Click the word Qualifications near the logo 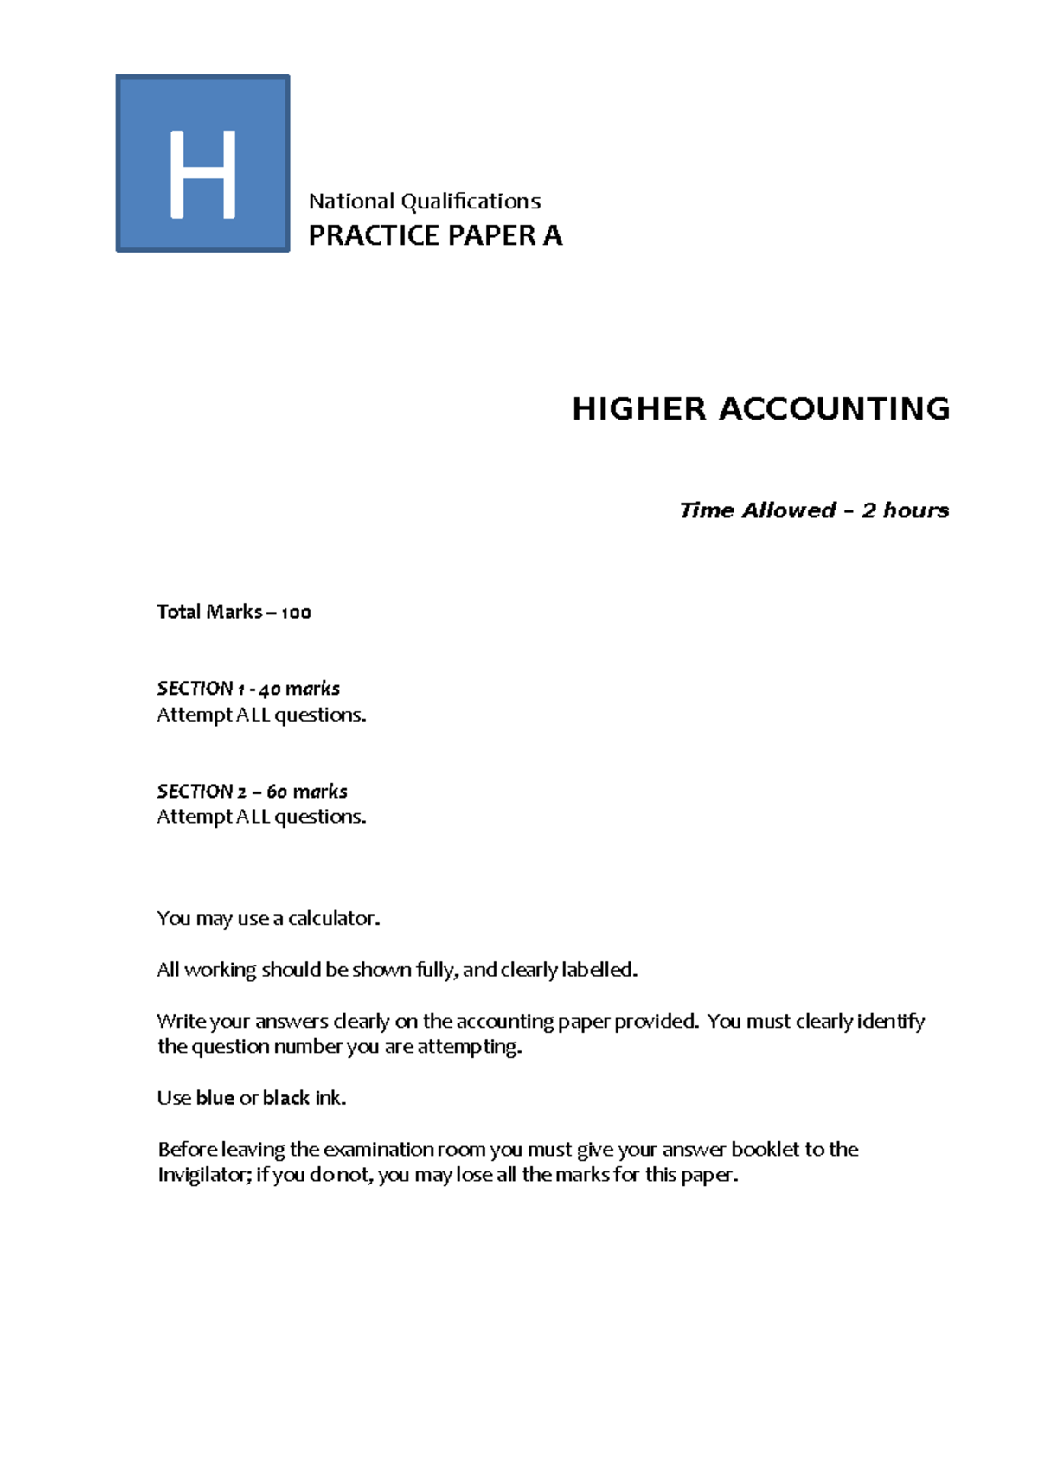(471, 202)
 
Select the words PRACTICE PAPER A (435, 235)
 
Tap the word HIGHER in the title (639, 408)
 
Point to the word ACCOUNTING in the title (835, 408)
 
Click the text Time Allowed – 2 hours (814, 510)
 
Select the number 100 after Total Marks (296, 613)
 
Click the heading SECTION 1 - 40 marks (248, 689)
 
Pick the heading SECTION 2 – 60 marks (252, 791)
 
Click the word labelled (599, 970)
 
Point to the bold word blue (215, 1098)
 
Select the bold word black (286, 1098)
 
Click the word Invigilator (204, 1175)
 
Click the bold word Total (179, 612)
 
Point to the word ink (330, 1098)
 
